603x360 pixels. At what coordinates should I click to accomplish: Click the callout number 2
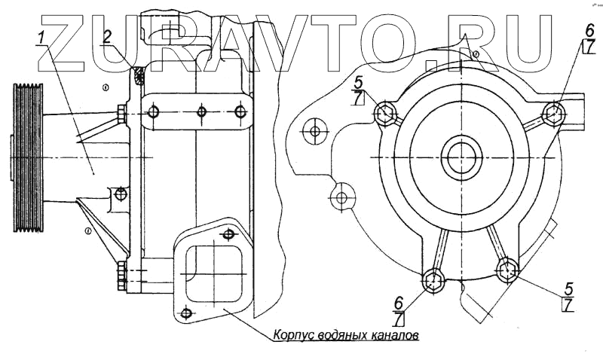108,36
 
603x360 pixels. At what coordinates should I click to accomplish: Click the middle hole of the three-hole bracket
201,112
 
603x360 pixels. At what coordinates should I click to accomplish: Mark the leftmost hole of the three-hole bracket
154,112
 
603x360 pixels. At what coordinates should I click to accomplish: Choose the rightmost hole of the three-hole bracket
240,112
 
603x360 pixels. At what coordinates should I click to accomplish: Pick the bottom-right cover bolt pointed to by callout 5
507,268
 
